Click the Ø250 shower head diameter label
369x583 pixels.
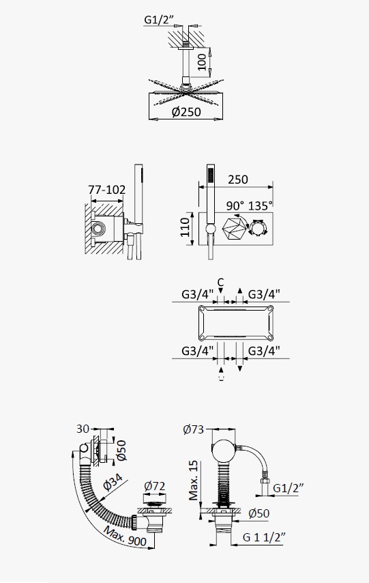click(x=186, y=112)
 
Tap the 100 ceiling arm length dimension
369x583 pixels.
click(x=201, y=61)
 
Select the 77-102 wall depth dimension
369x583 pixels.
click(x=107, y=190)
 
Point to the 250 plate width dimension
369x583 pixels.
click(x=238, y=180)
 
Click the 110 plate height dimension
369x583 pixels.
click(x=186, y=227)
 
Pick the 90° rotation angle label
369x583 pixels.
click(x=235, y=205)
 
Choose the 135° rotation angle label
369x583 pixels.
click(x=261, y=205)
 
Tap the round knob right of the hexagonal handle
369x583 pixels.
click(x=259, y=227)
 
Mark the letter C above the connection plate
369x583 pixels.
click(x=221, y=283)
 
